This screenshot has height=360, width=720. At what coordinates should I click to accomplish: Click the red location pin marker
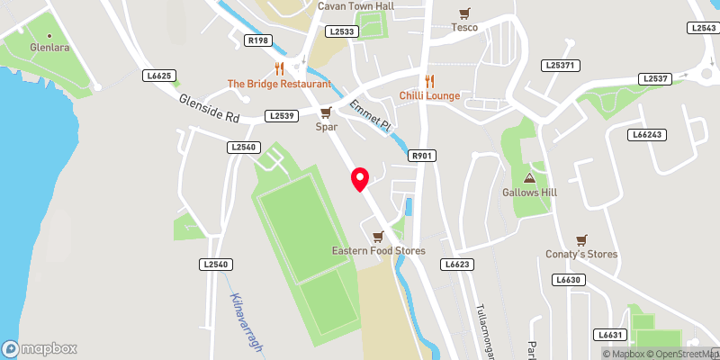360,178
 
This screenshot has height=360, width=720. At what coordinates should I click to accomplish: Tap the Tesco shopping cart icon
464,13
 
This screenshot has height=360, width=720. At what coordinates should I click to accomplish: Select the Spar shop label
326,127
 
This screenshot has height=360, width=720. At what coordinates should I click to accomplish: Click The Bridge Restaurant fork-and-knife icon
279,67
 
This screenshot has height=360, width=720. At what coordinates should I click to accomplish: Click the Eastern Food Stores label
378,251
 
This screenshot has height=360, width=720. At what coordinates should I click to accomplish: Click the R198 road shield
257,40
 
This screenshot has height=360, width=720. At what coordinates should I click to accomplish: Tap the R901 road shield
422,156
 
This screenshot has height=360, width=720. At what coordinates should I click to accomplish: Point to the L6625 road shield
158,76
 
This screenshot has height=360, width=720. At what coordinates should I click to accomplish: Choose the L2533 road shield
343,31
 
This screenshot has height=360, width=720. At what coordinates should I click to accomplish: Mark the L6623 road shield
457,265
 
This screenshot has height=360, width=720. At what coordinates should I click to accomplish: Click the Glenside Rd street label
209,110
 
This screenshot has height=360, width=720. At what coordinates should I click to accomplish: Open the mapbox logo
40,348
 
